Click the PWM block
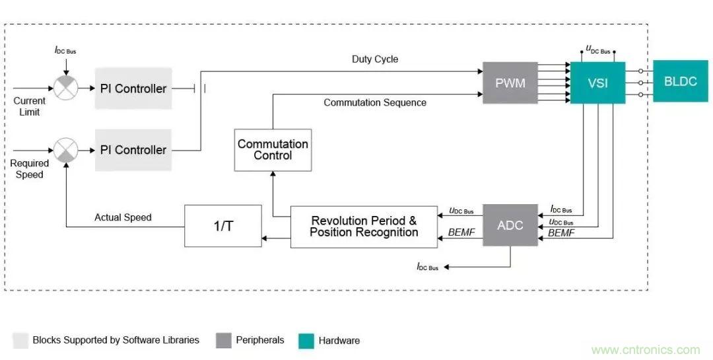point(510,83)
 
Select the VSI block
point(597,83)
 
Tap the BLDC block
point(680,81)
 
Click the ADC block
point(510,225)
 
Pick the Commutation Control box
point(273,150)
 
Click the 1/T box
point(222,226)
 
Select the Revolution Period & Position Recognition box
point(364,227)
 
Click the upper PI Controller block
point(133,89)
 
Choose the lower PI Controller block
point(133,150)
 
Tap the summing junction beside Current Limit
point(65,89)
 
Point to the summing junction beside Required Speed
point(65,150)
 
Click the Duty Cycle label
point(375,59)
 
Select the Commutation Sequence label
point(375,103)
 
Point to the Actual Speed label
point(123,217)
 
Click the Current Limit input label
point(30,106)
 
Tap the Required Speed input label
point(30,169)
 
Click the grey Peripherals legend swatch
point(224,340)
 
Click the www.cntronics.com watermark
point(646,350)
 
